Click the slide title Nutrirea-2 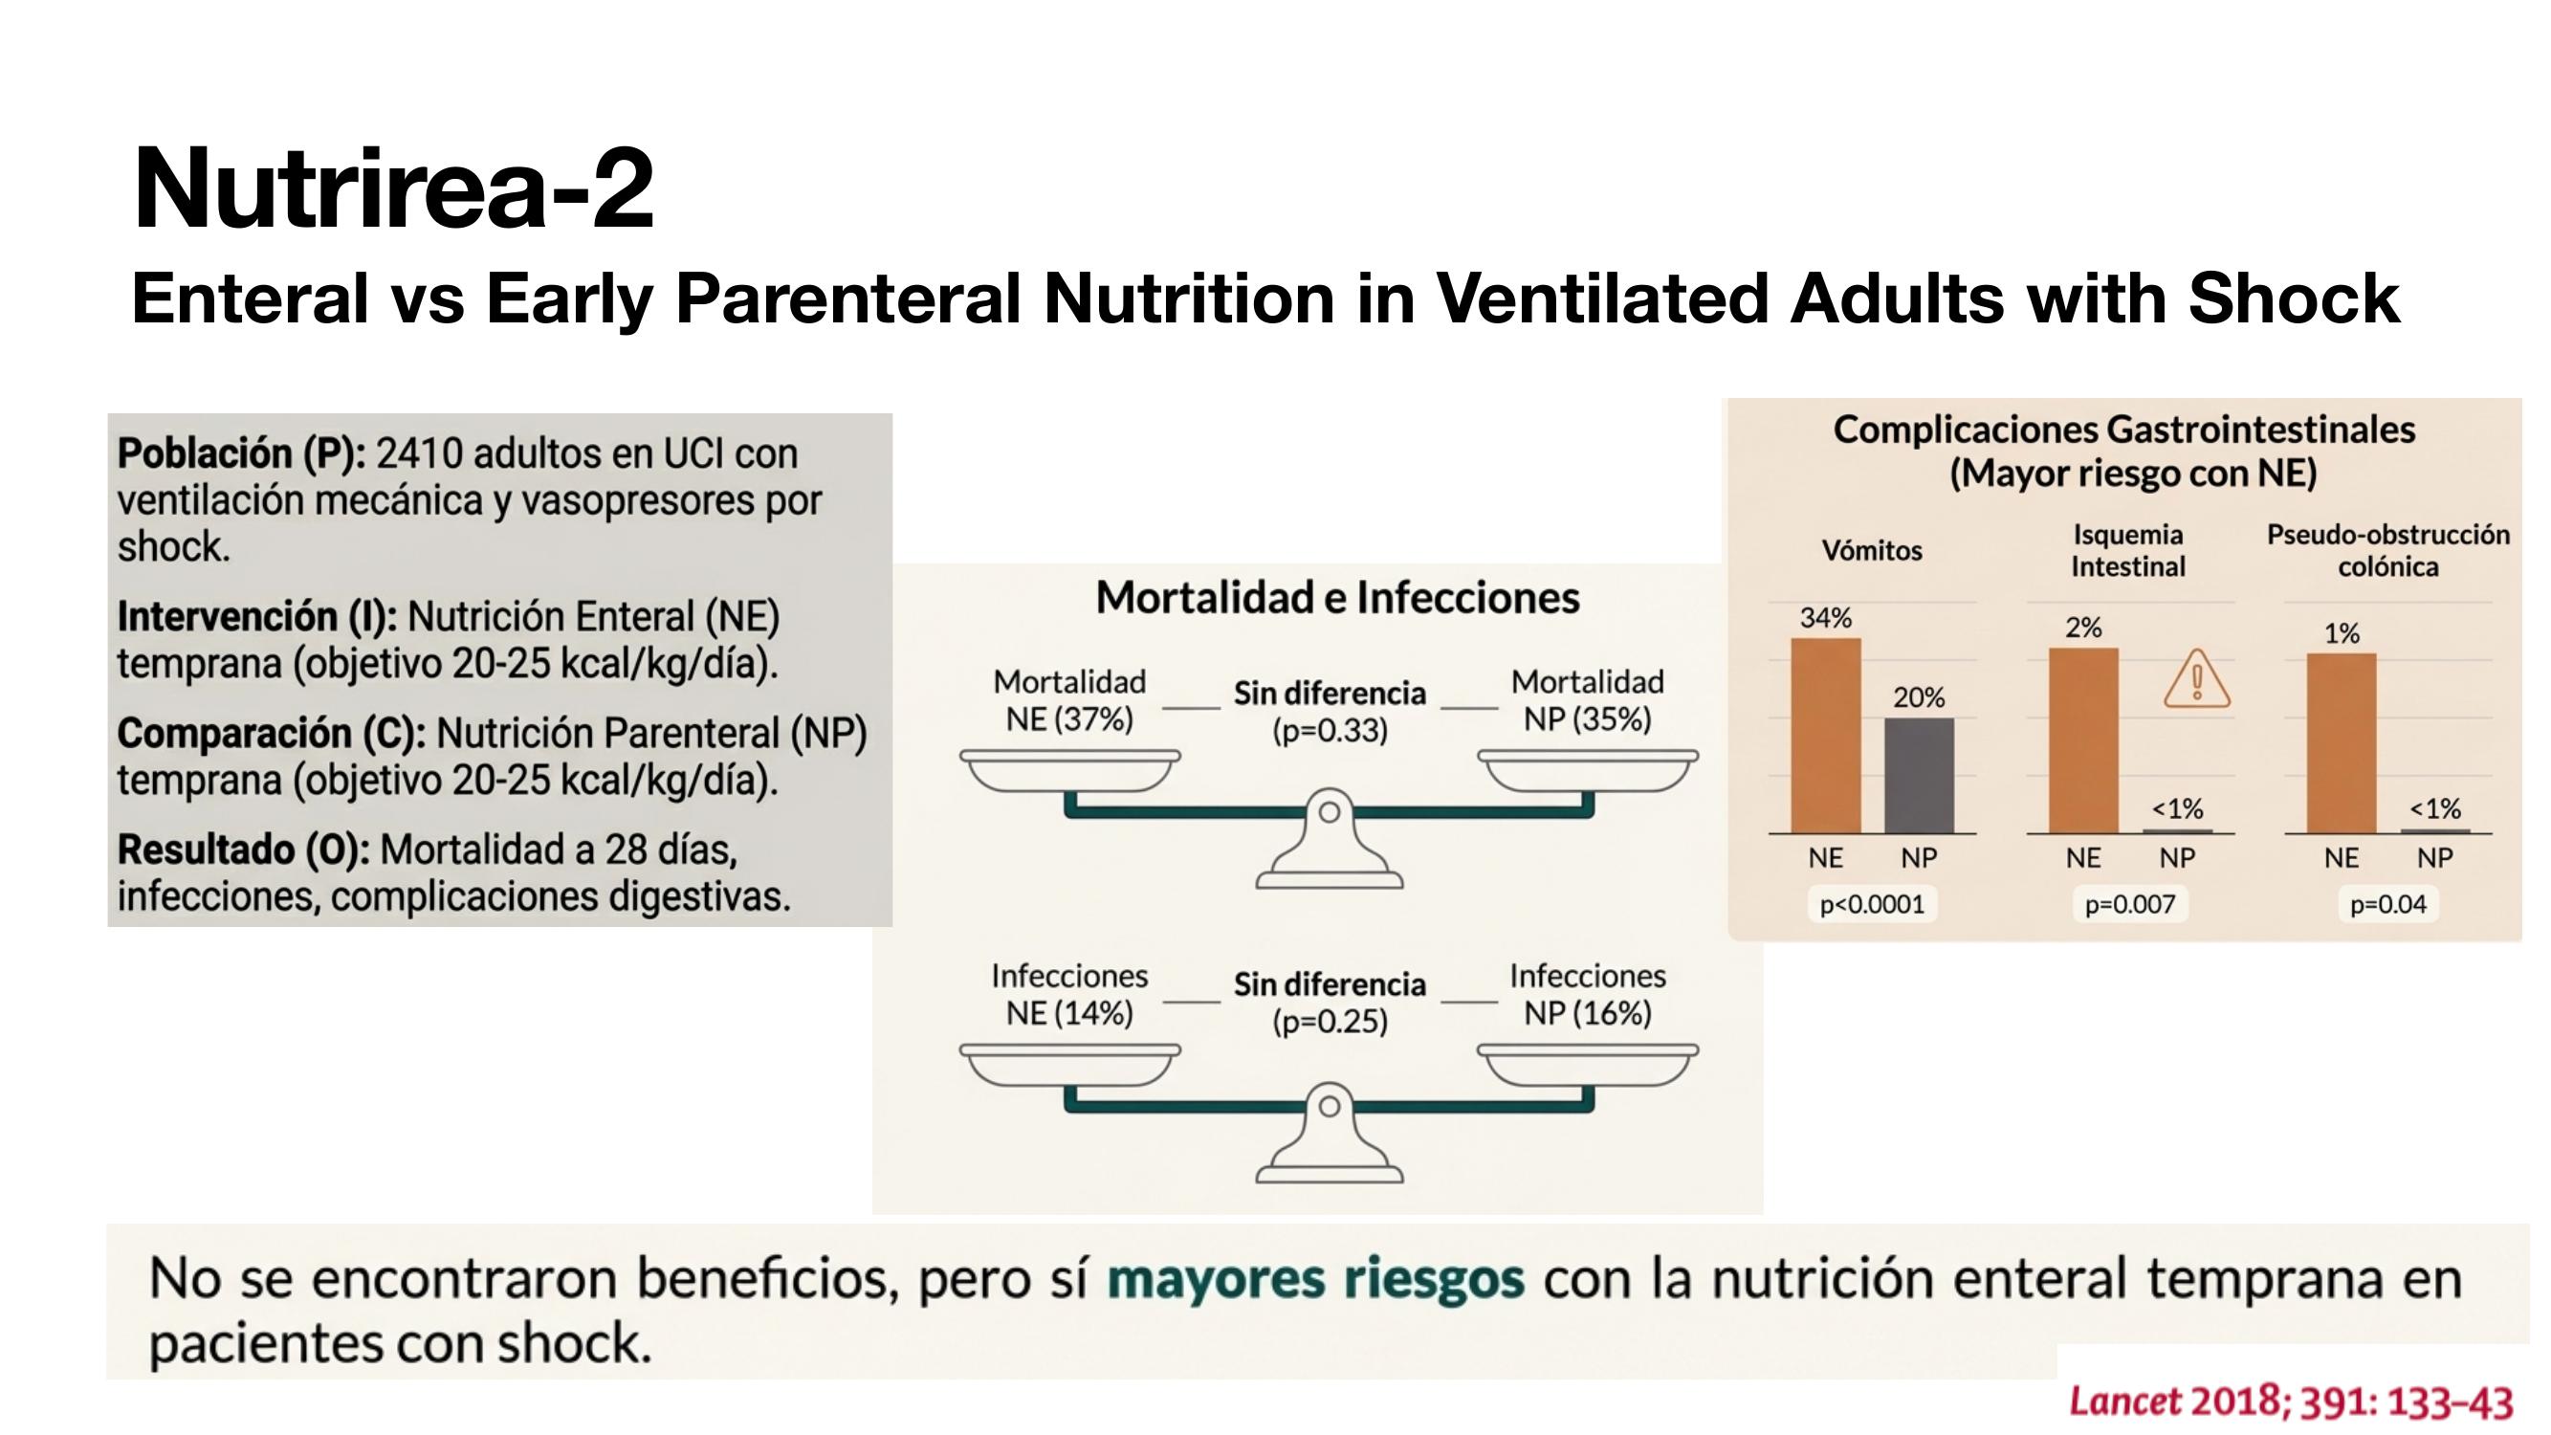393,188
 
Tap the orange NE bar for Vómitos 1825,735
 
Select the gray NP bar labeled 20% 1918,776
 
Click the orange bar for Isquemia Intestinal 2083,740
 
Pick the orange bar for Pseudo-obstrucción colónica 2342,742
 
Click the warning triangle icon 2197,679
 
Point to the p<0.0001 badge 1872,904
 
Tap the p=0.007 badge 2130,904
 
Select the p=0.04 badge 2387,904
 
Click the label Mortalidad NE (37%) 1069,700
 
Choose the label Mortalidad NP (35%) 1588,700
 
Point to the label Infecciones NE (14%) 1069,994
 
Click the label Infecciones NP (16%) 1588,994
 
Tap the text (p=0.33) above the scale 1330,730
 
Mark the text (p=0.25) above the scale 1330,1021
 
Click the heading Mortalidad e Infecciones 1338,597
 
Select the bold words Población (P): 242,453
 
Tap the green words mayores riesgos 1315,1278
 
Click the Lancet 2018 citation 2291,1402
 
